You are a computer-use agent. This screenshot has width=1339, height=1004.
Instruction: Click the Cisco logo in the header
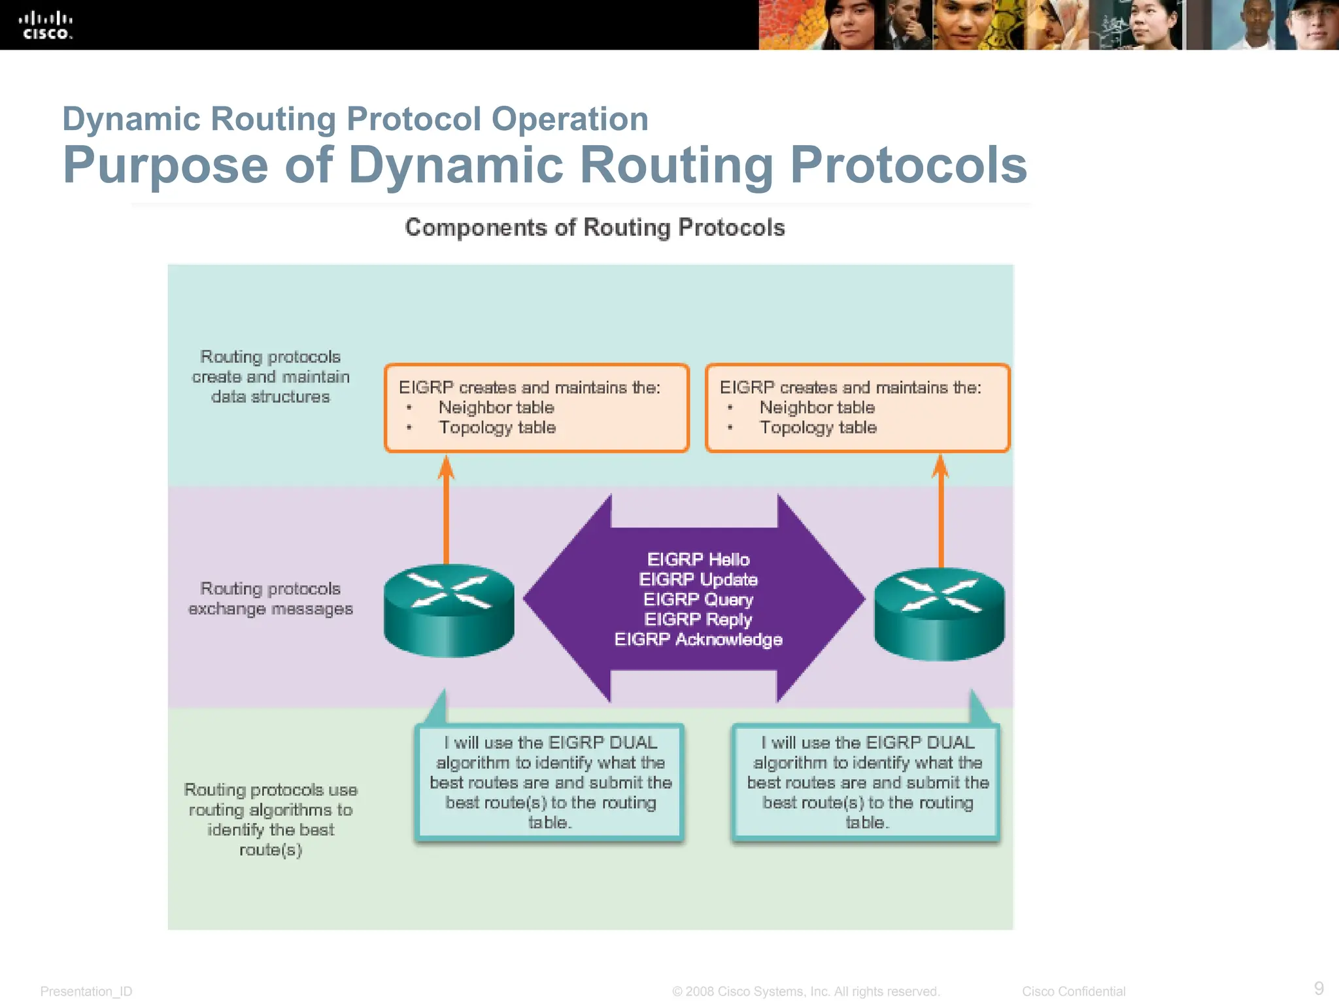tap(46, 25)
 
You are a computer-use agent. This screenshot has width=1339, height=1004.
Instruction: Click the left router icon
tap(449, 610)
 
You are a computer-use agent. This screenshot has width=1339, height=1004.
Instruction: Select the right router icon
tap(940, 613)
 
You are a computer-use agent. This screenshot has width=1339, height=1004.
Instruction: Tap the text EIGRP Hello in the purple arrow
tap(698, 560)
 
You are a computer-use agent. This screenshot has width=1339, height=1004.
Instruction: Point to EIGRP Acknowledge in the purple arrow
tap(698, 639)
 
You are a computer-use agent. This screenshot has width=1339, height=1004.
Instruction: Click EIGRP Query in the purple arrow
tap(698, 599)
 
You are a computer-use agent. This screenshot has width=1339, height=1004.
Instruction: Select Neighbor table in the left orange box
tap(496, 408)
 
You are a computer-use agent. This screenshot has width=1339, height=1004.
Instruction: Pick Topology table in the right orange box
tap(818, 427)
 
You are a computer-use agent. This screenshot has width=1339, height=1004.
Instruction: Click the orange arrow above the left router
tap(447, 510)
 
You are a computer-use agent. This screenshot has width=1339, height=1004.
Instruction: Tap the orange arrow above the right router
tap(941, 510)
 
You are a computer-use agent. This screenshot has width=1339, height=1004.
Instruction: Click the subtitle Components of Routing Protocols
tap(594, 227)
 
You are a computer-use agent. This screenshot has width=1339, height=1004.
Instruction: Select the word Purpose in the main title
tap(165, 165)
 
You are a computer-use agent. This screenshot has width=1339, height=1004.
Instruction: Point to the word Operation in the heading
tap(569, 119)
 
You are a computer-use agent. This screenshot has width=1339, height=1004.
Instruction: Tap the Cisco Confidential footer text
tap(1074, 992)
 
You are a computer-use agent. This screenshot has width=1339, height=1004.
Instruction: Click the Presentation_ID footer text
tap(86, 992)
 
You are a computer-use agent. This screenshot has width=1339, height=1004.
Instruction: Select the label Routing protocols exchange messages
tap(271, 599)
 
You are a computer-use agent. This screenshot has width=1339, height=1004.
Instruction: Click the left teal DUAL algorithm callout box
tap(550, 782)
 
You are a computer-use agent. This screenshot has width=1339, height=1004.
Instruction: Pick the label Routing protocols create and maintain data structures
tap(271, 376)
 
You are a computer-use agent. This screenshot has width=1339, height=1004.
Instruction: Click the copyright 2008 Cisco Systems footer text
tap(805, 992)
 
